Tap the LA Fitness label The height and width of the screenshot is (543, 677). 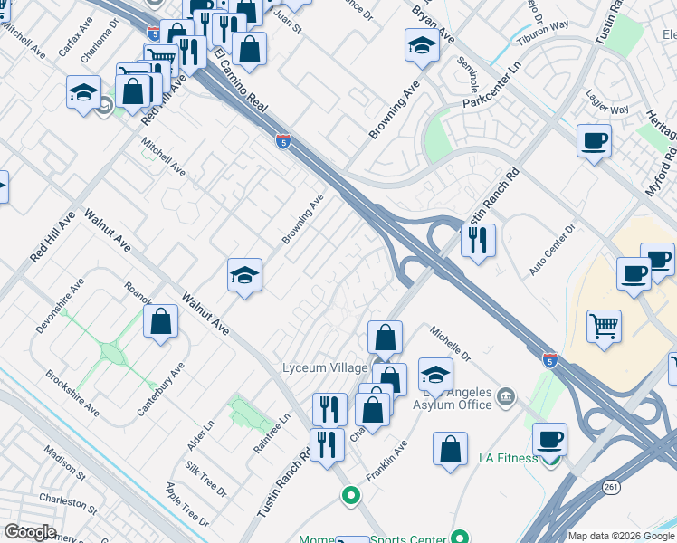pyautogui.click(x=508, y=459)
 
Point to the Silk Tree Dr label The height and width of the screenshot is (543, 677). pyautogui.click(x=205, y=480)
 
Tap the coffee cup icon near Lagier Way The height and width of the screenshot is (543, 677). pyautogui.click(x=594, y=140)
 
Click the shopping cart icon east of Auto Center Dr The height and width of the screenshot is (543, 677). pyautogui.click(x=604, y=325)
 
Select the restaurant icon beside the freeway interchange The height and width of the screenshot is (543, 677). pyautogui.click(x=478, y=240)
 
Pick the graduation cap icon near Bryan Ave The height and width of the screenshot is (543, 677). pyautogui.click(x=422, y=45)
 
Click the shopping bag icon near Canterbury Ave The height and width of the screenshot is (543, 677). pyautogui.click(x=160, y=321)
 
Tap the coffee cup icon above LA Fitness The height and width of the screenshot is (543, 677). pyautogui.click(x=549, y=439)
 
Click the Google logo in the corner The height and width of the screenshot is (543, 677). pyautogui.click(x=30, y=532)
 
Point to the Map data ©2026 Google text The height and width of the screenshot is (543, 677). pyautogui.click(x=621, y=536)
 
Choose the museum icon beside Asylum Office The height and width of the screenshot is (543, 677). pyautogui.click(x=505, y=395)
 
